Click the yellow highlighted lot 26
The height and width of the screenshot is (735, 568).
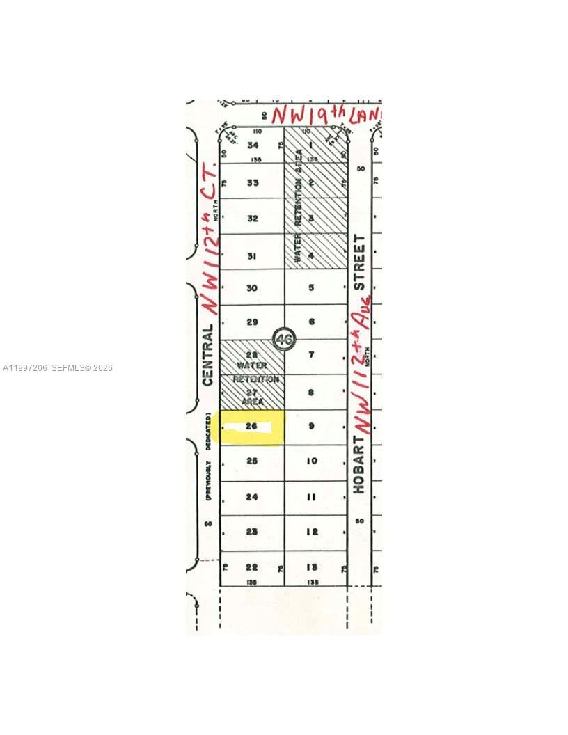tap(251, 427)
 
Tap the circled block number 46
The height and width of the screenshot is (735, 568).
tap(283, 340)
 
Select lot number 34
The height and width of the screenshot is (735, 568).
tap(252, 145)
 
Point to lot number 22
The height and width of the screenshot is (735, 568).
tap(252, 567)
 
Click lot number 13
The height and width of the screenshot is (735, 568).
tap(312, 567)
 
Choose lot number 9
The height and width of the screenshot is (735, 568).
tap(312, 426)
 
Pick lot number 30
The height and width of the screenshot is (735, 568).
tap(252, 288)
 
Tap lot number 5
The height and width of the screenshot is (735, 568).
tap(312, 287)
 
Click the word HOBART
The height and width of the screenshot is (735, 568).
tap(359, 465)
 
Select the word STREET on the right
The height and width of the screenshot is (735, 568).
tap(359, 262)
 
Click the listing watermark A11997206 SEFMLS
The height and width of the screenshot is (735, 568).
tap(58, 367)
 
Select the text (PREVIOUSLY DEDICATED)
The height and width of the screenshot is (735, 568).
tap(207, 457)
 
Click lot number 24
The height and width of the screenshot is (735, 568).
tap(252, 497)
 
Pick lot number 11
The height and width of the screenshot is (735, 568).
tap(312, 497)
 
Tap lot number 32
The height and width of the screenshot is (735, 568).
tap(252, 218)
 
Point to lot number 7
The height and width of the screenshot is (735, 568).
tap(312, 355)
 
